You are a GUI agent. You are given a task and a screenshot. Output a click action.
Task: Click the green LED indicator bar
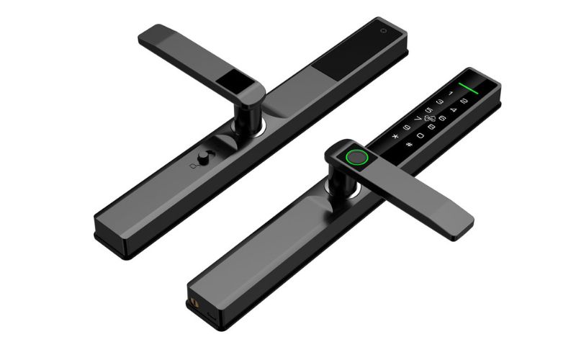[x=468, y=89]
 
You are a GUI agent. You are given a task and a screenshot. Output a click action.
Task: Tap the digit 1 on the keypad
[x=451, y=93]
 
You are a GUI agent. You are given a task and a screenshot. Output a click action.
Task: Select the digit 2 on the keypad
[x=464, y=101]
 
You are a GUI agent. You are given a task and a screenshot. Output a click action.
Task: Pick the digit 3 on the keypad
[x=440, y=102]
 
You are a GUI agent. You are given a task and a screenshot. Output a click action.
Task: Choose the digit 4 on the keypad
[x=454, y=109]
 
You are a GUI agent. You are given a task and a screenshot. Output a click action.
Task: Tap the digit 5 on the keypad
[x=429, y=110]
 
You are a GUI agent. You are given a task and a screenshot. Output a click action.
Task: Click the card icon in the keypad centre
[x=430, y=118]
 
